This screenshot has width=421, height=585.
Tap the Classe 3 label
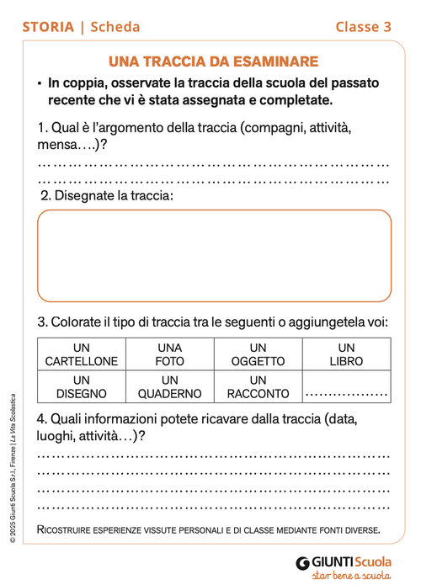point(364,27)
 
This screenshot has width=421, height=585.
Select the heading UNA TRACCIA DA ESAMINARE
point(214,61)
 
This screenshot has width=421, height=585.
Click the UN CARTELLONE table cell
point(81,354)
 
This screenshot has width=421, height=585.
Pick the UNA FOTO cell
point(170,354)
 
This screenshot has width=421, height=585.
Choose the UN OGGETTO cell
point(258,354)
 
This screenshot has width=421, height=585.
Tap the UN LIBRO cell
point(346,354)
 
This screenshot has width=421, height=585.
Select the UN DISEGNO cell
point(81,386)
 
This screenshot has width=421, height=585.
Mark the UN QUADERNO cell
point(170,386)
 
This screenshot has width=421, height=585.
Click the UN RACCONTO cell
point(258,386)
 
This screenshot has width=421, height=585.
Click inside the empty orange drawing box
point(214,255)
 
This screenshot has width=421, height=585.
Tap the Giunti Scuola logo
point(344,561)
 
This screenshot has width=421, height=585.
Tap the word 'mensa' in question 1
point(59,144)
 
